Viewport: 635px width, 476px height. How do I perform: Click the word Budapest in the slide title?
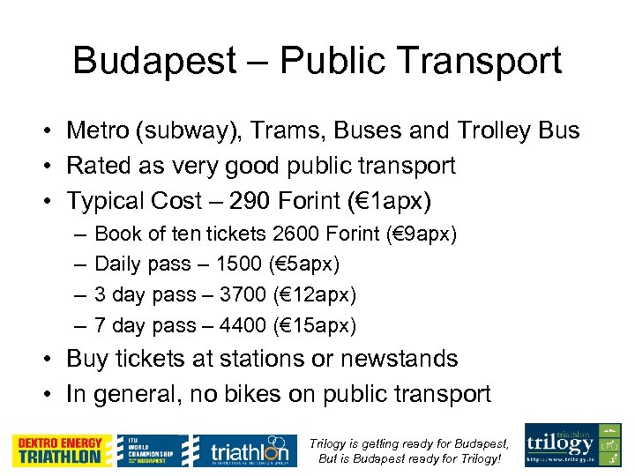(x=153, y=61)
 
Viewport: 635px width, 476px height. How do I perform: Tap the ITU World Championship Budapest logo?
(x=154, y=450)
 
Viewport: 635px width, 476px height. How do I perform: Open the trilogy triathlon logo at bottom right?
(x=572, y=445)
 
